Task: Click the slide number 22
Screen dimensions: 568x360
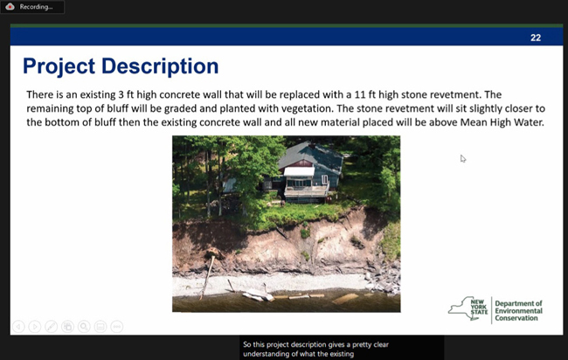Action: click(x=536, y=38)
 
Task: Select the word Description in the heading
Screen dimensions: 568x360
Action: click(x=160, y=66)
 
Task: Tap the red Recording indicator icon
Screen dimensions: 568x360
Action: click(x=10, y=6)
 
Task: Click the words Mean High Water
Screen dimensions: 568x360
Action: click(x=502, y=122)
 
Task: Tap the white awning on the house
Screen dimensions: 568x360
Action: click(x=299, y=171)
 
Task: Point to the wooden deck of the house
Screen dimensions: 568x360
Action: click(x=305, y=192)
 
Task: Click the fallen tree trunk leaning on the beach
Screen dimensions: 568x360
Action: click(x=208, y=276)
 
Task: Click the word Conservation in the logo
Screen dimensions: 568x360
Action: click(x=516, y=318)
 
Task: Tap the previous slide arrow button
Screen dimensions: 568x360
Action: click(x=18, y=327)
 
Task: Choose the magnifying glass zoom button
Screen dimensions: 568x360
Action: click(x=84, y=327)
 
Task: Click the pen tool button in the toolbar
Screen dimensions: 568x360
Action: click(x=51, y=327)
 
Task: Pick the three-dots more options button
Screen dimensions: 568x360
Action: click(x=116, y=327)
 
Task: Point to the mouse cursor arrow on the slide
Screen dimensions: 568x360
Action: click(x=463, y=159)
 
